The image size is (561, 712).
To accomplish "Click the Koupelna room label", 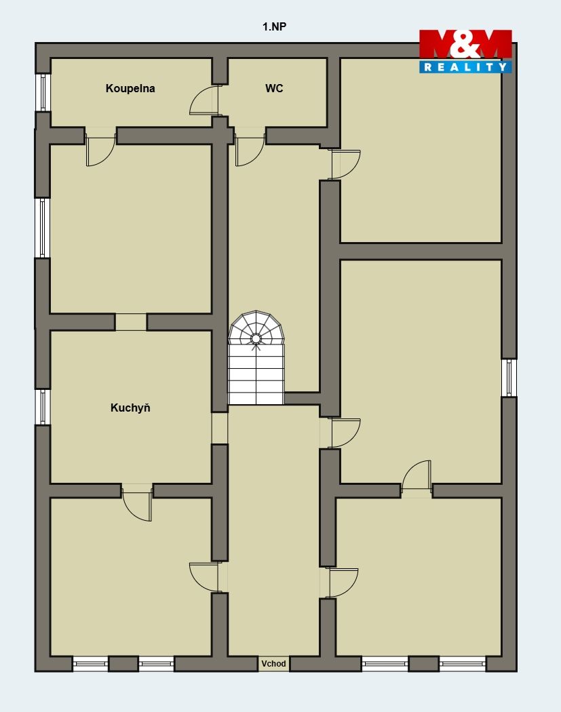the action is tap(130, 89).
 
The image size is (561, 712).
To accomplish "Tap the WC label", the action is tap(274, 88).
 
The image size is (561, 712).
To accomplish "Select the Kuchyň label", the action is tap(130, 408).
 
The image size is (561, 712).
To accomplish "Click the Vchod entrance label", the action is tap(273, 663).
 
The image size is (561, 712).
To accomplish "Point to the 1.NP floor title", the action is tap(274, 26).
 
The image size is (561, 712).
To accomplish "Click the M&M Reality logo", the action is tap(465, 52).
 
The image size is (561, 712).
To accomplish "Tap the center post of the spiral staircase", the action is tap(256, 338).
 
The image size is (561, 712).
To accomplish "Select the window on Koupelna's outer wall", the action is tap(43, 92).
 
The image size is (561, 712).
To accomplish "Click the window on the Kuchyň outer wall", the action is tap(43, 407).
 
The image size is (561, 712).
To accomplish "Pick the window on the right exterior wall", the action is tap(509, 377).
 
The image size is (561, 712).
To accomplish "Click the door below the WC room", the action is tap(250, 150).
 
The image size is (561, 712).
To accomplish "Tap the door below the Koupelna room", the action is tap(100, 150).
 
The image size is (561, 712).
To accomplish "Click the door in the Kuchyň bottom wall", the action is tap(137, 502).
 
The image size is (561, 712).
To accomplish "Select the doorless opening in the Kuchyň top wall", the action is tap(130, 322).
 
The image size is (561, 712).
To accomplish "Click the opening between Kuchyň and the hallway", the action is tap(220, 428).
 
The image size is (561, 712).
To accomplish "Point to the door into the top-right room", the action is tap(346, 165).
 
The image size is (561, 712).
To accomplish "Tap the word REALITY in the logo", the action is tap(465, 66).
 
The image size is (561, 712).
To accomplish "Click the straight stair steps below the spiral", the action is tap(256, 374).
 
